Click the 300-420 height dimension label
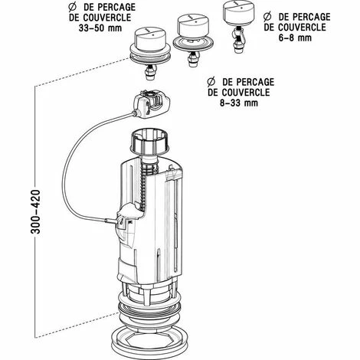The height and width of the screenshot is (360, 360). click(35, 211)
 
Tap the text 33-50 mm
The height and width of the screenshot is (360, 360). click(100, 28)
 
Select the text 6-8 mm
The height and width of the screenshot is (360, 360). click(295, 38)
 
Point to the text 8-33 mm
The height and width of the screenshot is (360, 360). click(239, 103)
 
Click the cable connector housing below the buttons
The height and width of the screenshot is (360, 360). click(152, 103)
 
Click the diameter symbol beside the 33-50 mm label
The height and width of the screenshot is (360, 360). click(73, 7)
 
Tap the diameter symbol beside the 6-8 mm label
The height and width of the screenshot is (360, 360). click(267, 17)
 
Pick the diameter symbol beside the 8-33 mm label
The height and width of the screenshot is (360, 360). click(211, 82)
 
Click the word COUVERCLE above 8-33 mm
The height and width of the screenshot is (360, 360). click(239, 93)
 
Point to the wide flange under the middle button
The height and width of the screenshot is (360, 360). click(193, 44)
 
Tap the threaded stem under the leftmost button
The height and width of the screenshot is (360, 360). click(151, 73)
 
